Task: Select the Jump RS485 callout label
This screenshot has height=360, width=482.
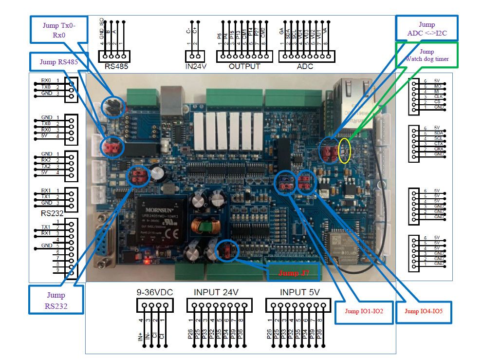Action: [55, 61]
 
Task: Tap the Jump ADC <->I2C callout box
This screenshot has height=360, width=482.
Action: [426, 28]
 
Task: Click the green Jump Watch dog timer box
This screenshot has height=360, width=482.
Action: [426, 55]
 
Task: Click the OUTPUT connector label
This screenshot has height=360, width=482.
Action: [244, 66]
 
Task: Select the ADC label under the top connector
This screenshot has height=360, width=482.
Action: [306, 66]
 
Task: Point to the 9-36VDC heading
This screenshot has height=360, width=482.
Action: [153, 292]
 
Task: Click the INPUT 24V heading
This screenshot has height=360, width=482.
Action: [217, 292]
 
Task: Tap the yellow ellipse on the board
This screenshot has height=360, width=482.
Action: [345, 151]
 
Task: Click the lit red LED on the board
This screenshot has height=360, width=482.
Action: [147, 262]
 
